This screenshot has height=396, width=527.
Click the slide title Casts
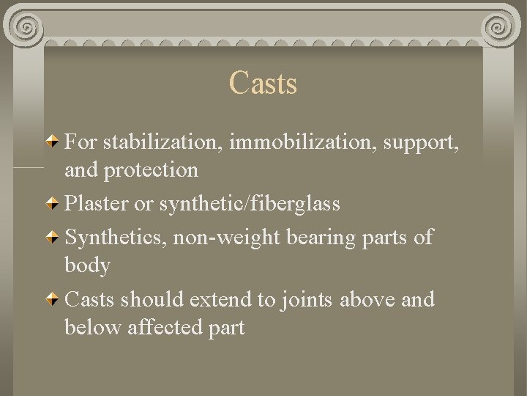click(263, 83)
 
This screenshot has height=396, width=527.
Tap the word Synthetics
click(114, 236)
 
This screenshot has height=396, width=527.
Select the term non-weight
click(226, 236)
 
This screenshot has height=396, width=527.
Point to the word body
click(87, 265)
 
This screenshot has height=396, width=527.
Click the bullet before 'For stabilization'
click(53, 139)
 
